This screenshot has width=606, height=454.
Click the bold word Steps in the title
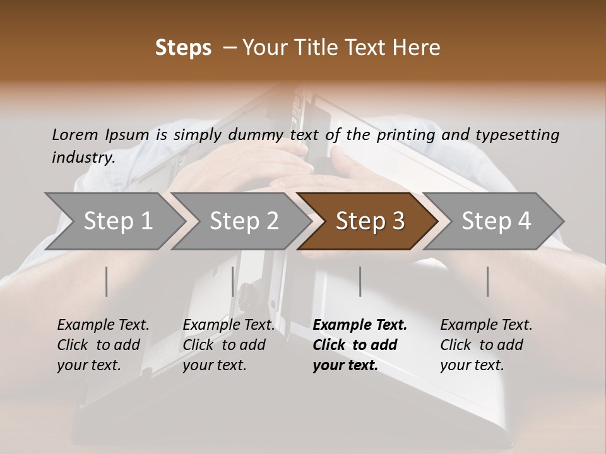click(x=183, y=48)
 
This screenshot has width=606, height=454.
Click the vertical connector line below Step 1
click(x=107, y=281)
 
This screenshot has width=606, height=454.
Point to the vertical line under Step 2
click(x=233, y=281)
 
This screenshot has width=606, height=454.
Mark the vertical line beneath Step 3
click(x=360, y=281)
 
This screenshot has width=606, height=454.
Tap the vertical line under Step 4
click(x=487, y=281)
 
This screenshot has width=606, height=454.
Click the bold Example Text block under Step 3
click(x=359, y=345)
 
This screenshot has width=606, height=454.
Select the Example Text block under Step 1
click(x=103, y=345)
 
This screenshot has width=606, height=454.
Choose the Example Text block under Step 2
click(x=229, y=345)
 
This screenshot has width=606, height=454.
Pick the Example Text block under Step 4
click(x=486, y=345)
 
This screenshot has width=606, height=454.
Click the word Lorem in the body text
click(x=75, y=134)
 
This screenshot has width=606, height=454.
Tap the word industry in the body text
click(x=83, y=158)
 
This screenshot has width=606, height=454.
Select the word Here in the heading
click(x=419, y=48)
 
